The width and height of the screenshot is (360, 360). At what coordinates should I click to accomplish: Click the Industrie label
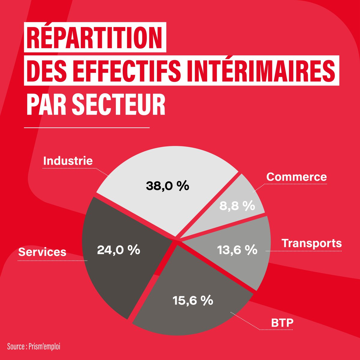pos(68,161)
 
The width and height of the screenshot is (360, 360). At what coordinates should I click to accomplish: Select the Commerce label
pos(296,177)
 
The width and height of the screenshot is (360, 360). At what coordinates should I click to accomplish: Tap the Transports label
pos(312,243)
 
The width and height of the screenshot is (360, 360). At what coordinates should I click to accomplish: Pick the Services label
pos(42,252)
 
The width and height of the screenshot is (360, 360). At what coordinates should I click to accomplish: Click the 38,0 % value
pos(167,186)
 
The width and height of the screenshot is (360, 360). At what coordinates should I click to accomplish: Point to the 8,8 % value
pos(237,206)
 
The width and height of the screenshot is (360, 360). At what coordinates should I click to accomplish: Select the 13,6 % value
pos(237,250)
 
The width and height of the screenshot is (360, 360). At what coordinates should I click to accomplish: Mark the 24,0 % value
pos(118,250)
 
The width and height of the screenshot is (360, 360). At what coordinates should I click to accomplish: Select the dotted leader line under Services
pos(52,260)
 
